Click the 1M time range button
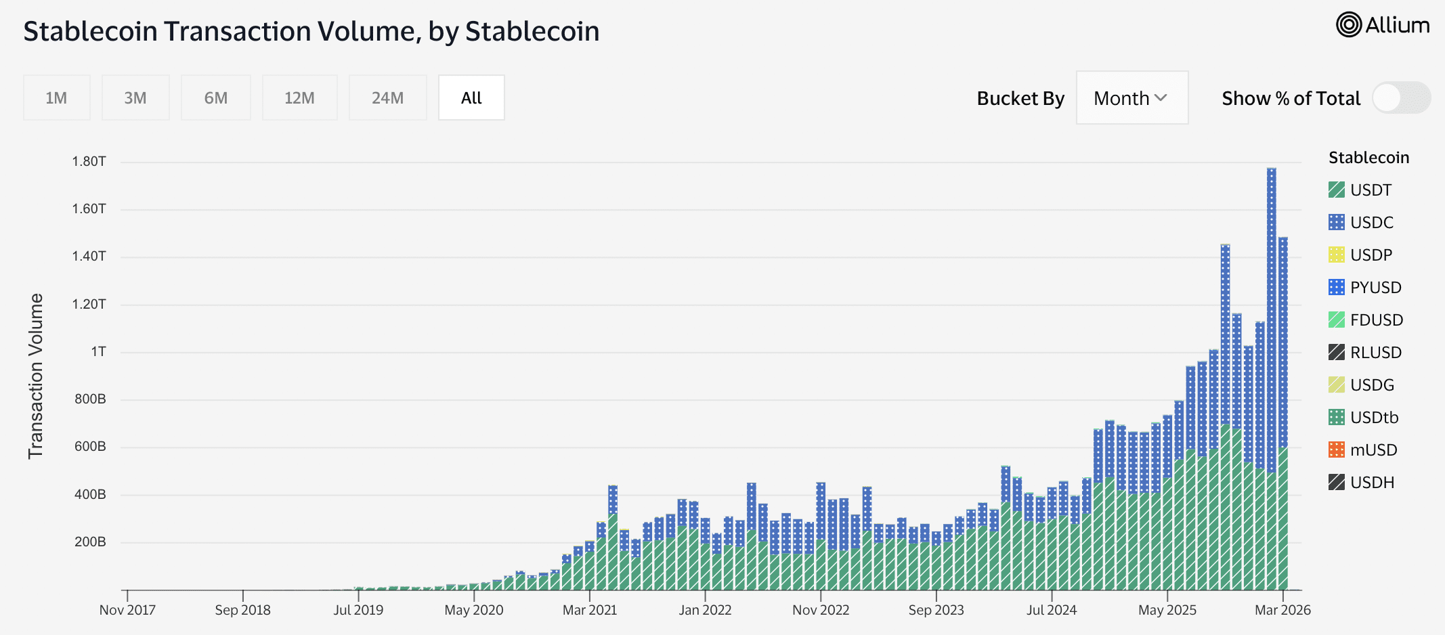(x=56, y=98)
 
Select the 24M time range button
(x=387, y=98)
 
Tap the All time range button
(x=471, y=98)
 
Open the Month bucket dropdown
(x=1131, y=98)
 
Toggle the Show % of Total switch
(x=1400, y=98)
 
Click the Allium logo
(x=1383, y=25)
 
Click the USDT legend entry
(x=1370, y=190)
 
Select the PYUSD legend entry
(x=1375, y=288)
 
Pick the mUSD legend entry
(x=1373, y=450)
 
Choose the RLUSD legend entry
(x=1375, y=353)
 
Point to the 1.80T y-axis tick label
(x=89, y=161)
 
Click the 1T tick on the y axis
(x=99, y=351)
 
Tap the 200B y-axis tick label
(x=90, y=542)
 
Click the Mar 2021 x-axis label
(x=590, y=610)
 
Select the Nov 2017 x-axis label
(x=127, y=610)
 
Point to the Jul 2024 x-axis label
(x=1052, y=610)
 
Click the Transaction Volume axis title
(x=35, y=376)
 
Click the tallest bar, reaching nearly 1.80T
(x=1271, y=379)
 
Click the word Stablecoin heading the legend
(x=1368, y=158)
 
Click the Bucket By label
(x=1020, y=99)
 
